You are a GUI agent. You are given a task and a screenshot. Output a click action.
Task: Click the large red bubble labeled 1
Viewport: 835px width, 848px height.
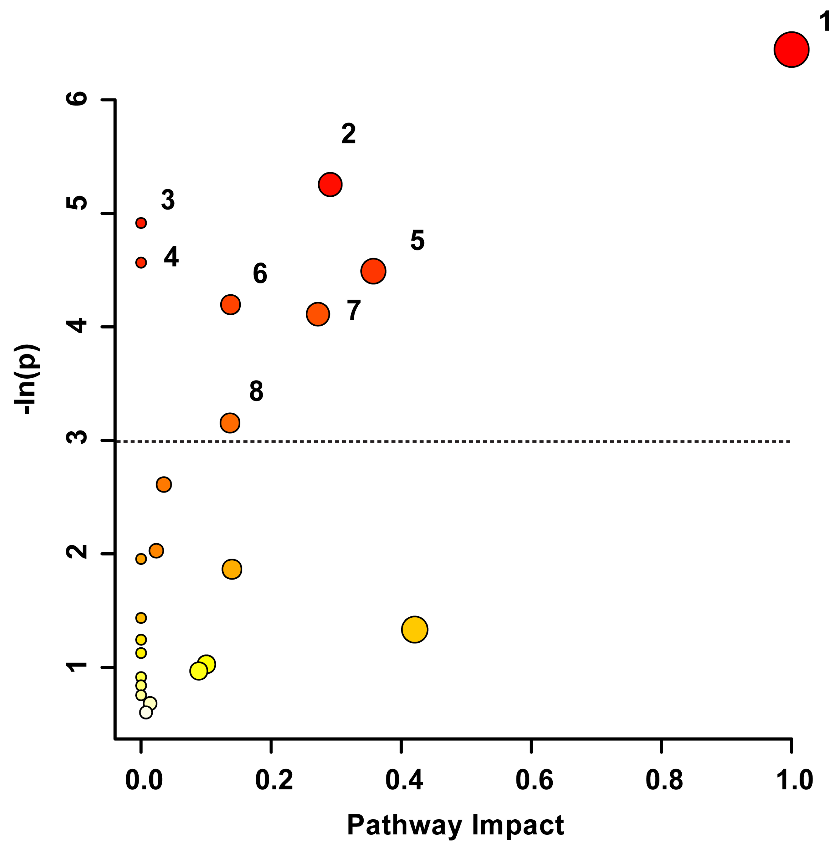coord(791,49)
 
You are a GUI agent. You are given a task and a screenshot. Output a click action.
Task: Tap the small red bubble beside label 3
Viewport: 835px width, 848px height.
coord(141,223)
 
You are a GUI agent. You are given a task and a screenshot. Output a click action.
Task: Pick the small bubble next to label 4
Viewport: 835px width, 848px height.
coord(141,262)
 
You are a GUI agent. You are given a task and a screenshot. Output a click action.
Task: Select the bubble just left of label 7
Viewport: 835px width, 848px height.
coord(318,314)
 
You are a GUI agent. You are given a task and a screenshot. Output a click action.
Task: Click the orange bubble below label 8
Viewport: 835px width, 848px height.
coord(230,423)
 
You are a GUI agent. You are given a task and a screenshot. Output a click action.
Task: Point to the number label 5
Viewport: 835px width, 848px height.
coord(417,240)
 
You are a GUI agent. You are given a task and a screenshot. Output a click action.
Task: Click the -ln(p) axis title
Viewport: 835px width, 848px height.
coord(27,379)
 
